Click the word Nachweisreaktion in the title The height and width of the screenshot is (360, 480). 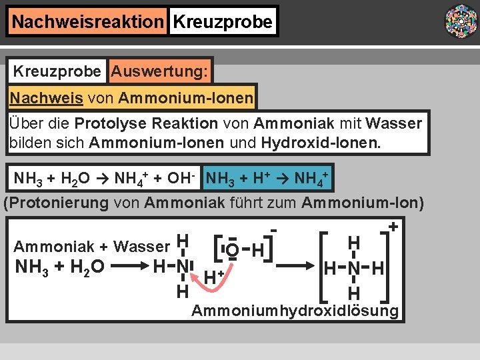[x=87, y=22]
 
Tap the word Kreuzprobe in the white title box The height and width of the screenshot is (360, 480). [x=223, y=22]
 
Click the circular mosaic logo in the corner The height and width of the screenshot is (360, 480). [x=461, y=21]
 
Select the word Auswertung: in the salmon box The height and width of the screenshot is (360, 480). [x=160, y=70]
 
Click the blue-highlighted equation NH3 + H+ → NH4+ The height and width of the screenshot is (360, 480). [x=268, y=179]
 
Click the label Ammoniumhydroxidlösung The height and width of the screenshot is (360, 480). [x=295, y=311]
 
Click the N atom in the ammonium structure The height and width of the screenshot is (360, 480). [x=354, y=269]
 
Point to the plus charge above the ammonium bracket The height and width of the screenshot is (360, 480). [x=393, y=227]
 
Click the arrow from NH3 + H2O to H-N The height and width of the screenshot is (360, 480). [x=130, y=267]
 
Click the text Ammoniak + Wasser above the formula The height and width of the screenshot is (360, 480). [x=91, y=247]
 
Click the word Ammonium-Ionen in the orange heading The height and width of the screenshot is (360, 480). [x=185, y=99]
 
